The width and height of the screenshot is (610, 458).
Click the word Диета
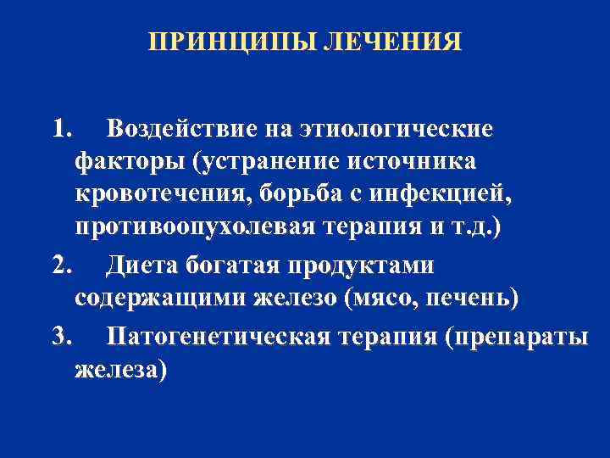(x=141, y=266)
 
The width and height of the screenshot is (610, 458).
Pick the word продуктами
(x=363, y=266)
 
